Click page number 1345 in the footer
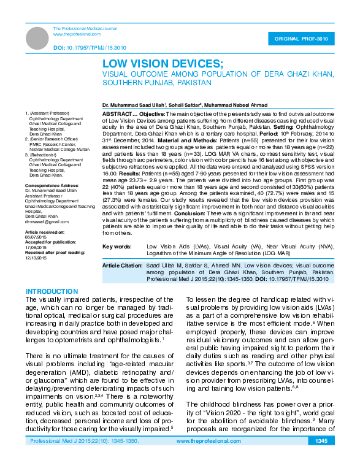point(321,458)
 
